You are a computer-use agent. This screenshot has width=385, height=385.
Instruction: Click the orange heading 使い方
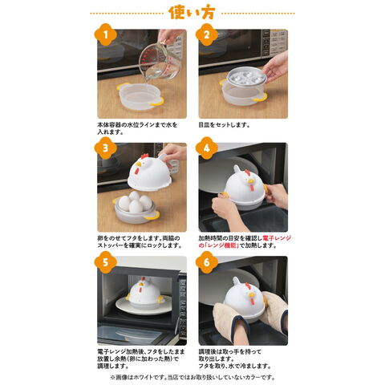pyautogui.click(x=192, y=13)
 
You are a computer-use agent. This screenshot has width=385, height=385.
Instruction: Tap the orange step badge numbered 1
pyautogui.click(x=105, y=34)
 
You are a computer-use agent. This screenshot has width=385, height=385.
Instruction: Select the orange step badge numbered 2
pyautogui.click(x=207, y=34)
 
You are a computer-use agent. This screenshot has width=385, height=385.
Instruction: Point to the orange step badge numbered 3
pyautogui.click(x=105, y=148)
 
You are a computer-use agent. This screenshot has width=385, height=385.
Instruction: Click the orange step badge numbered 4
pyautogui.click(x=207, y=148)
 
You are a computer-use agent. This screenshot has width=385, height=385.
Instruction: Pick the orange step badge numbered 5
pyautogui.click(x=105, y=262)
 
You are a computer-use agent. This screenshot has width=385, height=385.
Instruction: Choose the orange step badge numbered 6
pyautogui.click(x=207, y=262)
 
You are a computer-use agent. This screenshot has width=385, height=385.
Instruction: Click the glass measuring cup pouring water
pyautogui.click(x=160, y=61)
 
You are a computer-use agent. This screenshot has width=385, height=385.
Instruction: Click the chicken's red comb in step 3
pyautogui.click(x=144, y=156)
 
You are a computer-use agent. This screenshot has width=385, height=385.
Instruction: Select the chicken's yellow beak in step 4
pyautogui.click(x=251, y=181)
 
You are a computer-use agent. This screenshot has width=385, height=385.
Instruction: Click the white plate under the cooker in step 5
pyautogui.click(x=144, y=305)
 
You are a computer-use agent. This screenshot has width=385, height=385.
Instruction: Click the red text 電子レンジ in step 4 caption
pyautogui.click(x=277, y=238)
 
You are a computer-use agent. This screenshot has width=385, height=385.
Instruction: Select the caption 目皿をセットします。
pyautogui.click(x=224, y=125)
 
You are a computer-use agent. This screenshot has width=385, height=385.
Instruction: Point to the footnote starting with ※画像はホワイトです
pyautogui.click(x=192, y=377)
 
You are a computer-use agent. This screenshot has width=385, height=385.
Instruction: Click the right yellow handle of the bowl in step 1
pyautogui.click(x=157, y=102)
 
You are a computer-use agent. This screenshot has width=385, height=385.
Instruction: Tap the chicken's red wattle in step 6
pyautogui.click(x=251, y=301)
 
